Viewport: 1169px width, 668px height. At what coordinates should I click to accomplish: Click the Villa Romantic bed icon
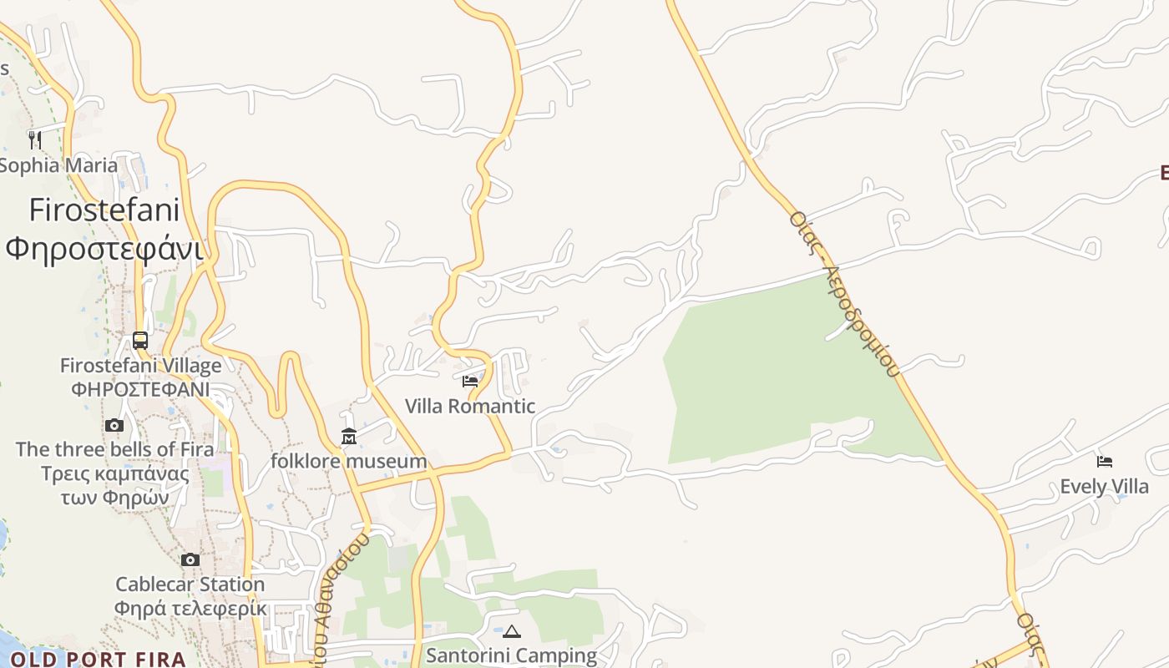(x=470, y=382)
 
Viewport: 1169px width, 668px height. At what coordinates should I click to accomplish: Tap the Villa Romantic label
(x=470, y=407)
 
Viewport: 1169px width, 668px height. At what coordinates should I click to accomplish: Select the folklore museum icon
(x=348, y=437)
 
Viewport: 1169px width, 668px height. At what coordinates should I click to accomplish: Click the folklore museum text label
(x=348, y=461)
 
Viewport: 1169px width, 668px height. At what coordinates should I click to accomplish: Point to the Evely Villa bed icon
(x=1105, y=461)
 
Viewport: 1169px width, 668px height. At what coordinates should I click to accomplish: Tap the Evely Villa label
(x=1104, y=486)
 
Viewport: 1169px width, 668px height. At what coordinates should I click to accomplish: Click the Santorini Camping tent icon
(x=512, y=631)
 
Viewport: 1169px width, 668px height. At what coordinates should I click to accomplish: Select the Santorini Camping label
(x=511, y=655)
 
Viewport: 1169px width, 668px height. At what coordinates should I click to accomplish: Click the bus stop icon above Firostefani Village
(x=140, y=341)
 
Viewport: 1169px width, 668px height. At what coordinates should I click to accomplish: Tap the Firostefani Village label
(x=140, y=366)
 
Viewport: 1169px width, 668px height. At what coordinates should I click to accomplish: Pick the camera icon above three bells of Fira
(x=114, y=425)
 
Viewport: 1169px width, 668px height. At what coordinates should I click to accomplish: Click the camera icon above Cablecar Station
(x=190, y=559)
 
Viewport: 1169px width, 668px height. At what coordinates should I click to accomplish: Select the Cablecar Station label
(x=190, y=584)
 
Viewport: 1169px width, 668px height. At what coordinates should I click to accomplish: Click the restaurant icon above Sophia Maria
(x=35, y=139)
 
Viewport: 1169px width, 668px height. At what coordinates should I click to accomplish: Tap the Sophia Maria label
(x=58, y=165)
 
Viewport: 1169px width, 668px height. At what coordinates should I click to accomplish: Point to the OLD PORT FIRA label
(x=98, y=660)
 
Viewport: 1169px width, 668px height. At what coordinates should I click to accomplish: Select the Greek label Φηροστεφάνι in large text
(x=104, y=249)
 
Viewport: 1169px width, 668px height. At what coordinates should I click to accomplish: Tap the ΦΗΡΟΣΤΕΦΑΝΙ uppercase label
(x=140, y=390)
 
